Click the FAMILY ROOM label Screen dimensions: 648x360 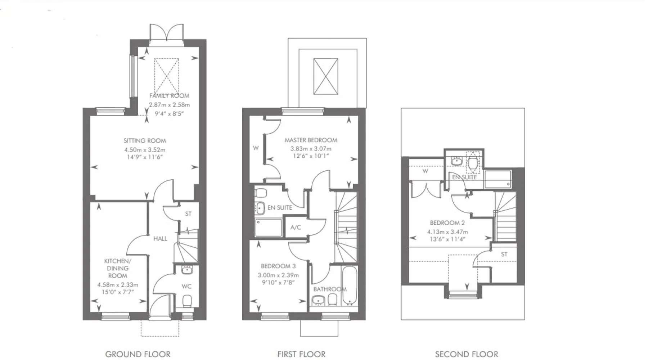click(x=169, y=96)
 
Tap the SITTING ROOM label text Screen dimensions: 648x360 click(x=145, y=141)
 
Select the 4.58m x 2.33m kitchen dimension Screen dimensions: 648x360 click(x=118, y=285)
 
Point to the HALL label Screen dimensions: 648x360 click(x=160, y=238)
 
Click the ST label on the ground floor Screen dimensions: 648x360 click(x=188, y=214)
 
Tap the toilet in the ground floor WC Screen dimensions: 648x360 click(x=187, y=301)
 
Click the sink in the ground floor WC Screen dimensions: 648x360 click(x=187, y=270)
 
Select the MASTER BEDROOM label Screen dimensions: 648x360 click(x=311, y=140)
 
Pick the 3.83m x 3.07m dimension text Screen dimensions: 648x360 click(x=311, y=148)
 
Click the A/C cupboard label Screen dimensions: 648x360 click(x=296, y=228)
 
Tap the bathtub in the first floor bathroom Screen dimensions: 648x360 click(x=349, y=285)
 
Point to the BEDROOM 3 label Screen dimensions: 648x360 click(x=278, y=266)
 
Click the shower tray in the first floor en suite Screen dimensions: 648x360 click(x=269, y=228)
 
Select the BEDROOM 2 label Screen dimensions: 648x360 click(x=445, y=223)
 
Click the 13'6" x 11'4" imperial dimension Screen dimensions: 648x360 click(x=447, y=239)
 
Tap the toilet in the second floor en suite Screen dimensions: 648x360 click(x=473, y=163)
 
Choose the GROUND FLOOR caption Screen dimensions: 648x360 click(x=138, y=354)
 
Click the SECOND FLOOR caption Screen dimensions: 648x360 click(x=467, y=354)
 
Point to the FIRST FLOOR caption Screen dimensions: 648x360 click(x=301, y=354)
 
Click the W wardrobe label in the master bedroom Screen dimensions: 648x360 click(x=256, y=148)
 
